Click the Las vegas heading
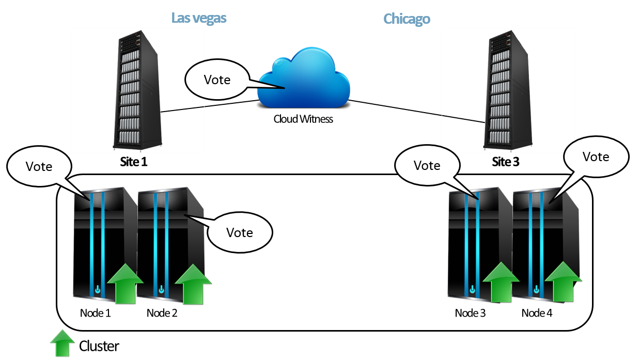(x=199, y=19)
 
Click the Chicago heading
(x=407, y=20)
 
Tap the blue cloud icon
(x=304, y=78)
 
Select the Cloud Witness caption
(x=303, y=119)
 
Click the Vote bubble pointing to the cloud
(x=217, y=80)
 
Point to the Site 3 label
(x=506, y=162)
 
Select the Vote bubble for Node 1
(x=39, y=166)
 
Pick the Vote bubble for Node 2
(x=240, y=232)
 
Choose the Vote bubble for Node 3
(x=427, y=166)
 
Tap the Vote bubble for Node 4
(x=596, y=156)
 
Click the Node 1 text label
(x=96, y=313)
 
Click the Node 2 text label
(x=162, y=313)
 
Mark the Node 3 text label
(x=471, y=313)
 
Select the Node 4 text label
(x=537, y=313)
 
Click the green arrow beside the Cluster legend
(x=63, y=343)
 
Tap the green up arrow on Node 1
(x=124, y=284)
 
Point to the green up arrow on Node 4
(x=564, y=282)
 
